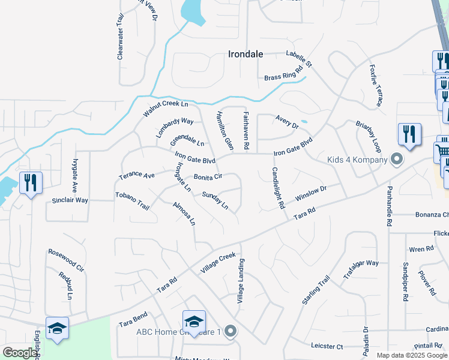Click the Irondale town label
246,54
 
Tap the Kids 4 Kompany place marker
396,160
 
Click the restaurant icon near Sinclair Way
30,183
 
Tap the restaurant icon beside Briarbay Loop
409,134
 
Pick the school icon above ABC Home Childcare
194,322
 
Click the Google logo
20,353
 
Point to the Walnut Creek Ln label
166,109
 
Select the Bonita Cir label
208,177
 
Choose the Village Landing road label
241,280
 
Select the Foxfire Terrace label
376,85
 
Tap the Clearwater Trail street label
120,37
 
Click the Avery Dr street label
287,122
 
